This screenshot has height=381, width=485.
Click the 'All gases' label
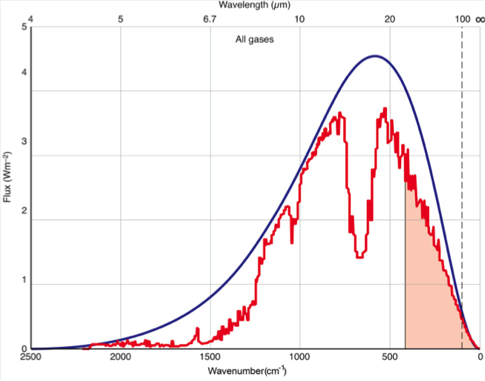(255, 39)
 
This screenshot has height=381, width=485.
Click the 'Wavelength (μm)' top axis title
(255, 5)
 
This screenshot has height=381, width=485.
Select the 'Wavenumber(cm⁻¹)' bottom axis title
(255, 370)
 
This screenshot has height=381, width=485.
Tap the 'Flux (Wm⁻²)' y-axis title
(7, 177)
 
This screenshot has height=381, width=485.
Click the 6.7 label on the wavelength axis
(210, 18)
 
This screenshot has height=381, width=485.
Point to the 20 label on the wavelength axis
(390, 18)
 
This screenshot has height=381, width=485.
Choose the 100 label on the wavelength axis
(462, 18)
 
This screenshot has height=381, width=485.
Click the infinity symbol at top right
(478, 18)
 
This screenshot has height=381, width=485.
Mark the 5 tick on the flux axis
(25, 27)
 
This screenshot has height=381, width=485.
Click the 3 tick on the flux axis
(25, 156)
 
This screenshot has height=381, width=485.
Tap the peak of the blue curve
(375, 56)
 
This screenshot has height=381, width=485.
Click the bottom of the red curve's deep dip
(359, 256)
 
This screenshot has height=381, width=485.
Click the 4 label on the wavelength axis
(30, 18)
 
